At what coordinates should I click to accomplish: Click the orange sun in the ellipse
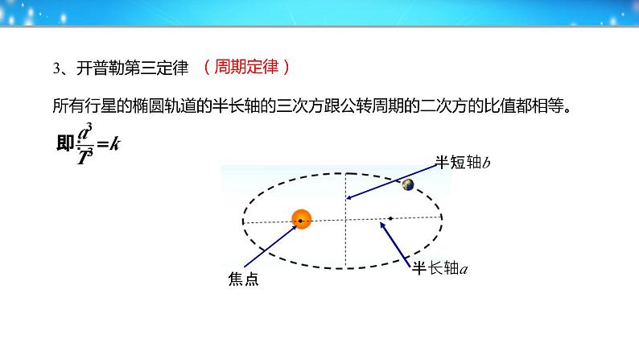click(x=302, y=219)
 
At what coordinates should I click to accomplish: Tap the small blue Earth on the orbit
click(x=408, y=184)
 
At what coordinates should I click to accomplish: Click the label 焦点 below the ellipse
click(x=243, y=279)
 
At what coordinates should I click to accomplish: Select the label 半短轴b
click(x=463, y=162)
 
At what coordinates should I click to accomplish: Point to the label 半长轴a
click(x=439, y=268)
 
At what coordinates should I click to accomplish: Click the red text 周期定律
click(x=246, y=67)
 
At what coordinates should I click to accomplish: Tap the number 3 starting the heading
click(x=56, y=68)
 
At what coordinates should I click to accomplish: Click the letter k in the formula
click(x=115, y=143)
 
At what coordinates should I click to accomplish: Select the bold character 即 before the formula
click(x=65, y=143)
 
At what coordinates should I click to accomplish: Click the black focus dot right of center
click(x=390, y=218)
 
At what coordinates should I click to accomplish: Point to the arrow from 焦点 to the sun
click(x=270, y=246)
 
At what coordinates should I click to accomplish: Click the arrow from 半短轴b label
click(x=391, y=182)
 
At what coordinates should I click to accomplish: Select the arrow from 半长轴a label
click(x=395, y=245)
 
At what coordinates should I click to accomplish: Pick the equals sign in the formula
click(x=103, y=143)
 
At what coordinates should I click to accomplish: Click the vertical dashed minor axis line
click(x=345, y=221)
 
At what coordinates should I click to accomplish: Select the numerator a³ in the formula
click(x=85, y=133)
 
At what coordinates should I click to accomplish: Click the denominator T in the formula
click(x=83, y=157)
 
